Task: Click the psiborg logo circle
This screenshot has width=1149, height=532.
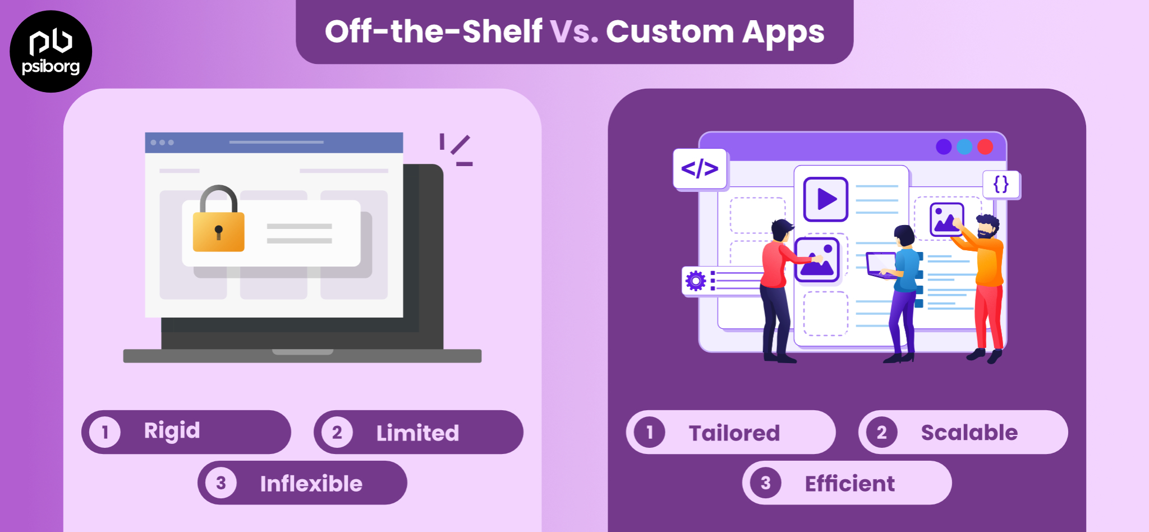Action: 50,51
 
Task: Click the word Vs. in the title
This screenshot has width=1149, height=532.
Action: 574,31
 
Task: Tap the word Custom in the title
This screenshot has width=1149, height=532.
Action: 669,31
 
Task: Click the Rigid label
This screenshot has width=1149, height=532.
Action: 172,431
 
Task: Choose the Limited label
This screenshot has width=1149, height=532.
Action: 417,433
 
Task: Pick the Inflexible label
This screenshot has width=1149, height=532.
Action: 311,483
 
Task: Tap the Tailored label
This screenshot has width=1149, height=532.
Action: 734,433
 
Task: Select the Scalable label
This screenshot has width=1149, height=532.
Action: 969,432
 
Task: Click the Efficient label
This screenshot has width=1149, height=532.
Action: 849,483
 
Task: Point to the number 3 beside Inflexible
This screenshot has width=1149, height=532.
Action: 221,483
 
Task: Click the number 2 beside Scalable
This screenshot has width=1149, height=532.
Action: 881,432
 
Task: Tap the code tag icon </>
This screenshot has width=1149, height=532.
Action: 700,168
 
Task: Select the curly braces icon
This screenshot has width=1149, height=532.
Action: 1001,184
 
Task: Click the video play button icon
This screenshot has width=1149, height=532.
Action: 825,199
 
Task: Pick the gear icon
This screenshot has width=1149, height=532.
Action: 696,280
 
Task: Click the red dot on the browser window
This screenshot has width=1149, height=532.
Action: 985,147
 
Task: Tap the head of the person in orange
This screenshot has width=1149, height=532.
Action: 987,226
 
